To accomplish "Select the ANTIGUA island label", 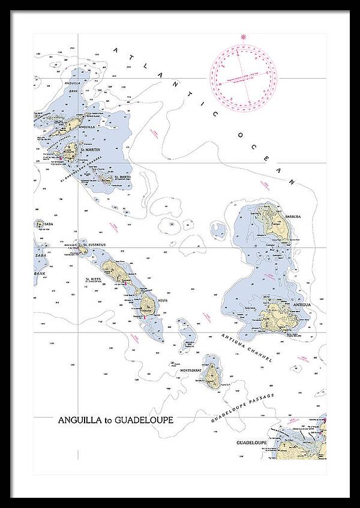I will tap(301, 304).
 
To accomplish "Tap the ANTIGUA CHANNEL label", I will tap(247, 349).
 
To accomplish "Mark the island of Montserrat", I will tap(211, 375).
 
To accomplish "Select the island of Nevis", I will tap(149, 303).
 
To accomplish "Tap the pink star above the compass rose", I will tap(243, 37).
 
